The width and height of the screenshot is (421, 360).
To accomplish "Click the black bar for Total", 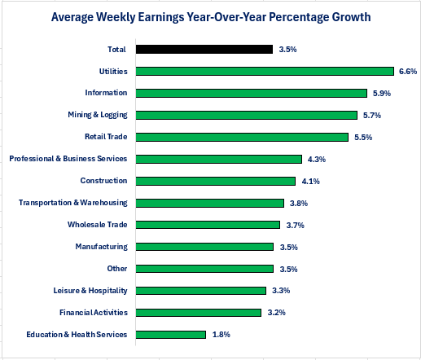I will point(204,49).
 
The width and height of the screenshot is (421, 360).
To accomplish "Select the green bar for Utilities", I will point(265,71).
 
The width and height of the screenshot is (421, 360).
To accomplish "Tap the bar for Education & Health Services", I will point(171,334).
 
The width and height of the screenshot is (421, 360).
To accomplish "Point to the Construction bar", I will point(215,181).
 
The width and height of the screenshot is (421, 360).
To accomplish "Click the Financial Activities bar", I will point(199,312).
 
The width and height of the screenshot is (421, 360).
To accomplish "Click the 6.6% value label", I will point(408,71).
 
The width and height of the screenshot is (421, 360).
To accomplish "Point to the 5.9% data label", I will point(381,93).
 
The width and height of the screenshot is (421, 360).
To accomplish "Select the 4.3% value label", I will point(315,159).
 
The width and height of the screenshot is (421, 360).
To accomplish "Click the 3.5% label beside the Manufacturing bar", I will point(287,247).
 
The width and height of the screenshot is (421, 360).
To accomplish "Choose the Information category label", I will point(106,93).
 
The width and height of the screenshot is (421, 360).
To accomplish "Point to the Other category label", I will point(117,268).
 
